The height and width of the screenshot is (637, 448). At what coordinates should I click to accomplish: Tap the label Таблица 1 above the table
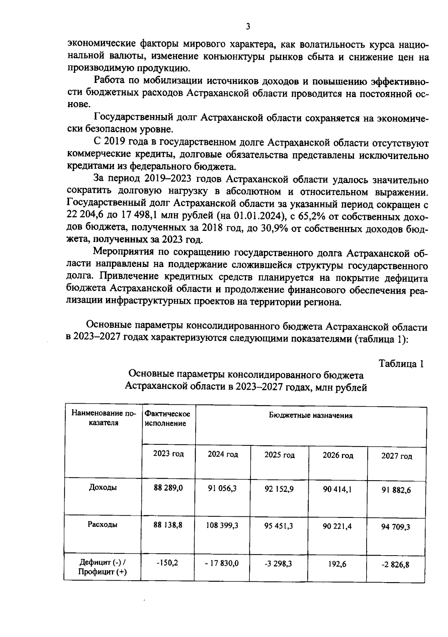(401, 363)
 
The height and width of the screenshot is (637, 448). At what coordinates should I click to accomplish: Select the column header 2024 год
(223, 454)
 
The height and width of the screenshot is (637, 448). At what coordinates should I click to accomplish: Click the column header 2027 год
(396, 456)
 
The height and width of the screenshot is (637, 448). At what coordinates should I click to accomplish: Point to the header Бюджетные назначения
(311, 416)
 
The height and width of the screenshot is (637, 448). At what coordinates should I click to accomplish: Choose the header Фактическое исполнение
(168, 419)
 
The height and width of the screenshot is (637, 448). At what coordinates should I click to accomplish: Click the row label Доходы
(103, 487)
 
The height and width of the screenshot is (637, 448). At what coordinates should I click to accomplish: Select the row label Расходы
(103, 524)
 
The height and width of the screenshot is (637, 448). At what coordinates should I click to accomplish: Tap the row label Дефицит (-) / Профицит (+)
(103, 567)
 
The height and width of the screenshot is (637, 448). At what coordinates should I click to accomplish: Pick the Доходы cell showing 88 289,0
(168, 488)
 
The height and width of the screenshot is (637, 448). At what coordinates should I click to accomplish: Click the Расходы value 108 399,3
(223, 525)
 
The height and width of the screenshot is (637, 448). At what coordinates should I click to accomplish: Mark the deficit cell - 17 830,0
(222, 563)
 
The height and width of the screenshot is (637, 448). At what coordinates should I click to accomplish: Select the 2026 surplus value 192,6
(337, 564)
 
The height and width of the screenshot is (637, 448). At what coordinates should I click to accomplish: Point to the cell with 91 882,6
(396, 490)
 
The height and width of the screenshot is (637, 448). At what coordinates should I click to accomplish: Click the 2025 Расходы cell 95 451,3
(279, 526)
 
